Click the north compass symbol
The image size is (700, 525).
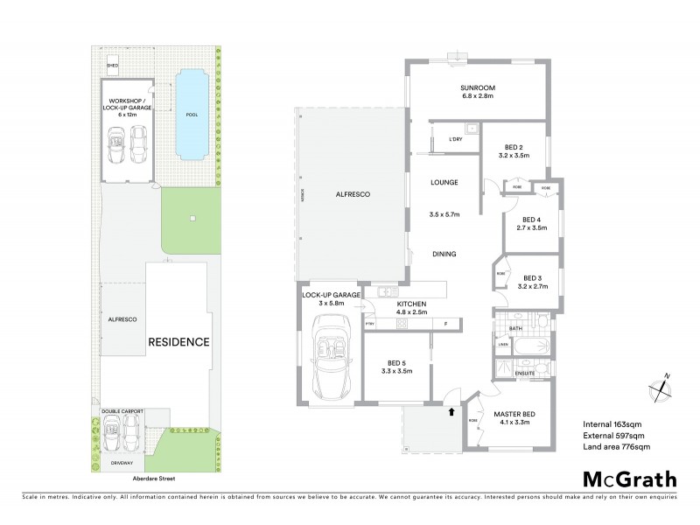661,382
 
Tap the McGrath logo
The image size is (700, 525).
630,479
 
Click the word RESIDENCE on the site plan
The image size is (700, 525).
178,341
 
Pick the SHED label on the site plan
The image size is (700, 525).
112,65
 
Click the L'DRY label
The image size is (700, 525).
454,140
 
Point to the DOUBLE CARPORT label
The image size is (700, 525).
122,409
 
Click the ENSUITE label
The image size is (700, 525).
525,373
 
